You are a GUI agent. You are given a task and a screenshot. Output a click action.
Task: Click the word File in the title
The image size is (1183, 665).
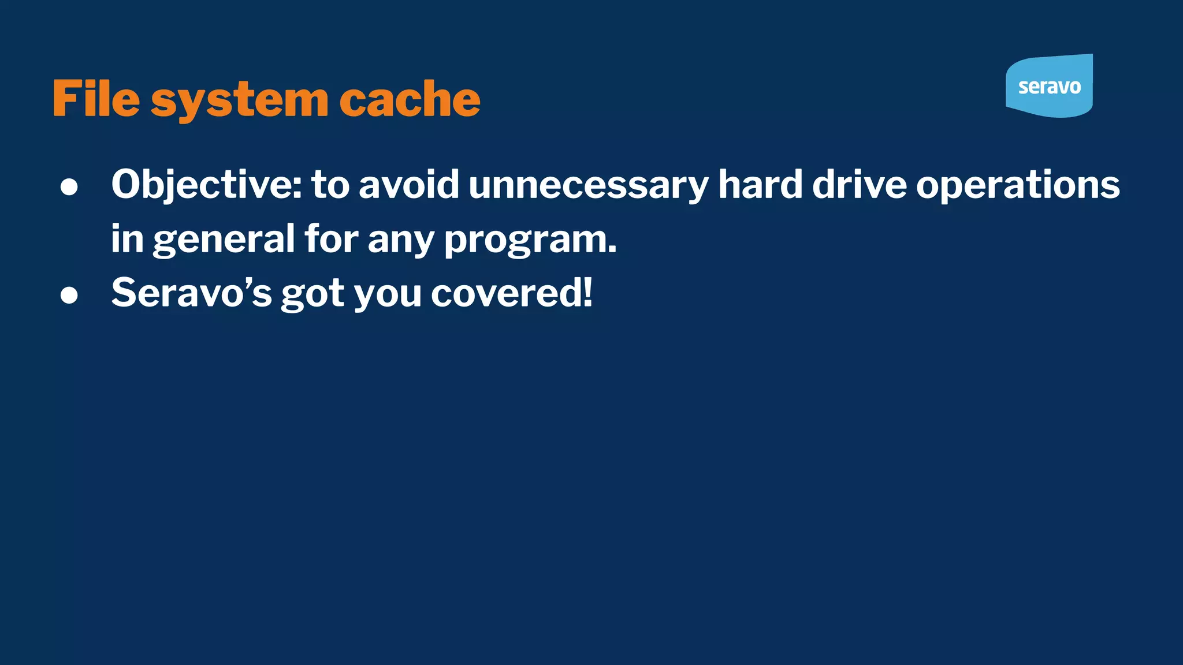click(96, 99)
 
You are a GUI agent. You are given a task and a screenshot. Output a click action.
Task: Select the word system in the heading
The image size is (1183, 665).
click(240, 100)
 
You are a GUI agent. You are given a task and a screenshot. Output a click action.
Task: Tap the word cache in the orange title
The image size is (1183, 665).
click(410, 99)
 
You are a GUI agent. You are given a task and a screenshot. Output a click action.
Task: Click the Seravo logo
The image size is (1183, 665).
click(1049, 86)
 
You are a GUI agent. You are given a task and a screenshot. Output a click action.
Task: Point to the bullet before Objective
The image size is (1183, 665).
click(69, 186)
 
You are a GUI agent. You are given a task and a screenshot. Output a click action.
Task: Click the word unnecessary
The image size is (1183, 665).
click(588, 186)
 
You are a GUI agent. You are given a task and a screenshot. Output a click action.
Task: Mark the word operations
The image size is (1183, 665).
click(1018, 186)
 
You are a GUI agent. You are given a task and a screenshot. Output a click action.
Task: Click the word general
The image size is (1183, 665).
click(224, 240)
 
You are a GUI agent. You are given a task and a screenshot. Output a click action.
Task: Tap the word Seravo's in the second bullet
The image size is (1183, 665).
click(191, 293)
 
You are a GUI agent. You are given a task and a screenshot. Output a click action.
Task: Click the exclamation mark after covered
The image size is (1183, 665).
click(587, 292)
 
